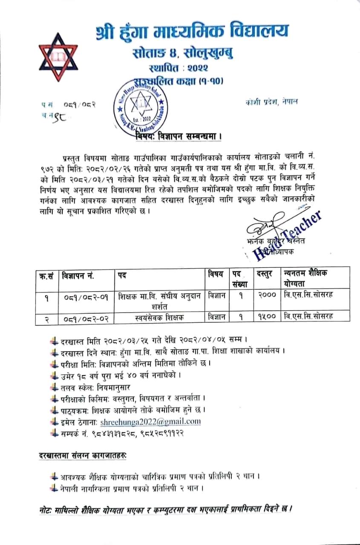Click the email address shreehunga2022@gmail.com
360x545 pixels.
(x=150, y=422)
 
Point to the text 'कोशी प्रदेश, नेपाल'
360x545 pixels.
(x=271, y=101)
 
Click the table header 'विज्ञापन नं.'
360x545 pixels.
(x=78, y=275)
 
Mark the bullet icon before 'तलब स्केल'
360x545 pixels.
(x=53, y=387)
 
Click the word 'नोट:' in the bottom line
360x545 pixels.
(x=45, y=509)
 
